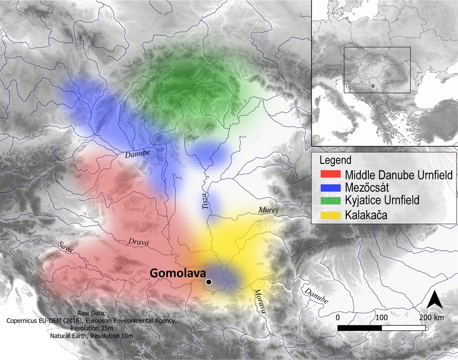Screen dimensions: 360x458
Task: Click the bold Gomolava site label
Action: coord(177,273)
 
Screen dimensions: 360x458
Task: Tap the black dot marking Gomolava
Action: coord(209,282)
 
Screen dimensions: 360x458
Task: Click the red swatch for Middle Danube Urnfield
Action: coord(331,175)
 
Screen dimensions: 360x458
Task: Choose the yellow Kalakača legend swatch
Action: coord(331,215)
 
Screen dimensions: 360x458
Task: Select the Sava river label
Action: coord(66,247)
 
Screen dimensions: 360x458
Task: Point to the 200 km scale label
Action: coord(431,318)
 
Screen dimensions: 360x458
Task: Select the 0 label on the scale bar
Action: coord(337,318)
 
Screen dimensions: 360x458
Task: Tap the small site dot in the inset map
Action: coord(372,86)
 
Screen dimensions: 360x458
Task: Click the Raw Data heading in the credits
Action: coord(91,313)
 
